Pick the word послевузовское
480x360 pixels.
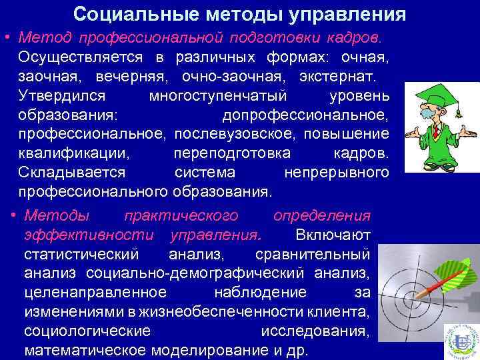[235, 134]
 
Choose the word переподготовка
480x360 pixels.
[231, 153]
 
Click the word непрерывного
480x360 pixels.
[337, 173]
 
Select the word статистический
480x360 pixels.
[81, 255]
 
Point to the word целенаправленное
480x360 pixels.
[95, 293]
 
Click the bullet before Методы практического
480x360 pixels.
[15, 216]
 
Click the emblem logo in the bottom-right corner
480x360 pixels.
[461, 341]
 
